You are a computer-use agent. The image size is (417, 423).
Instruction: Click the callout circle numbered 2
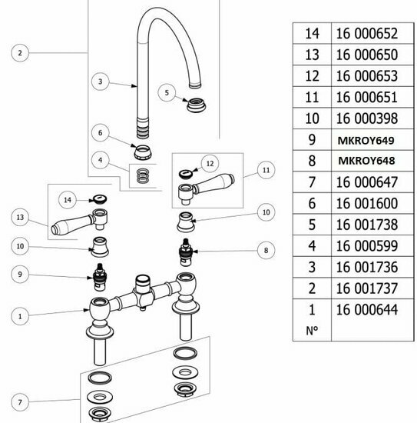click(x=20, y=53)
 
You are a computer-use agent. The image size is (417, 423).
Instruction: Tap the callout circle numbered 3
click(x=100, y=82)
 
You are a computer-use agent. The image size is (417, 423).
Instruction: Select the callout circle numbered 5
click(x=167, y=92)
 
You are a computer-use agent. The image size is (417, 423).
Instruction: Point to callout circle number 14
click(x=68, y=200)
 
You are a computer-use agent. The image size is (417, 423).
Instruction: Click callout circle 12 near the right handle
click(x=210, y=164)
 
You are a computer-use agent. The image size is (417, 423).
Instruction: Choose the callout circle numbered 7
click(x=20, y=402)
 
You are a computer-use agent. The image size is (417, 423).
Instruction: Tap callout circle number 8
click(x=266, y=251)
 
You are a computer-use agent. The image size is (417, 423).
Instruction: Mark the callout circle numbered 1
click(x=20, y=316)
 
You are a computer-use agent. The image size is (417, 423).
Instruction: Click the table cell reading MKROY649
click(x=366, y=140)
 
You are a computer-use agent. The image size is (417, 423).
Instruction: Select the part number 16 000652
click(x=367, y=34)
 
